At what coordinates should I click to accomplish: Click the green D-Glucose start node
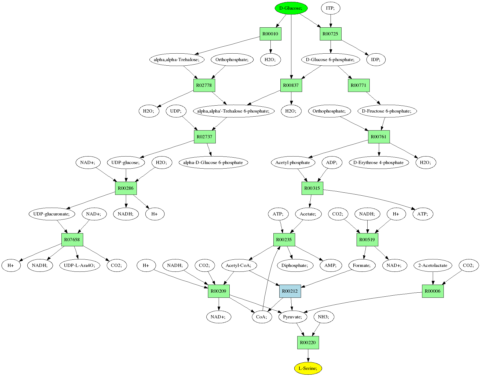(291, 8)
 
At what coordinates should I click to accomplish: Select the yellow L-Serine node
(308, 368)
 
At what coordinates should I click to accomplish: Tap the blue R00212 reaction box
(290, 291)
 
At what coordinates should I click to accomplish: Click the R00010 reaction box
(270, 34)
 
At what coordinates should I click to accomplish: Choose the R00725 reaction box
(331, 34)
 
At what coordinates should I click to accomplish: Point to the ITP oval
(331, 8)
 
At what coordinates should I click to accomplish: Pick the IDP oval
(376, 59)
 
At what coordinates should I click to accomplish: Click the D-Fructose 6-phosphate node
(387, 111)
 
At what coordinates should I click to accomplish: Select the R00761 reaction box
(379, 137)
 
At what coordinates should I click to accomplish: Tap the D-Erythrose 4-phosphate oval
(379, 162)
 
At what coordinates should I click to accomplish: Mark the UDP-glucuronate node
(52, 214)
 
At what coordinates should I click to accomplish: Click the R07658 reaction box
(72, 240)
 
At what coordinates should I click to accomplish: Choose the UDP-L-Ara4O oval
(79, 265)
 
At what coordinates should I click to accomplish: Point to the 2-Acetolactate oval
(433, 265)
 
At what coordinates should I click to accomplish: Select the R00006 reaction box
(433, 291)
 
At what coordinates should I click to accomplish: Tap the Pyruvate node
(293, 317)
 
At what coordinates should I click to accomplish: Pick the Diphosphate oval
(295, 265)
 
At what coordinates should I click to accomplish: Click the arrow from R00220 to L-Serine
(308, 355)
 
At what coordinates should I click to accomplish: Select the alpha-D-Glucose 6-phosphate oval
(213, 162)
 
